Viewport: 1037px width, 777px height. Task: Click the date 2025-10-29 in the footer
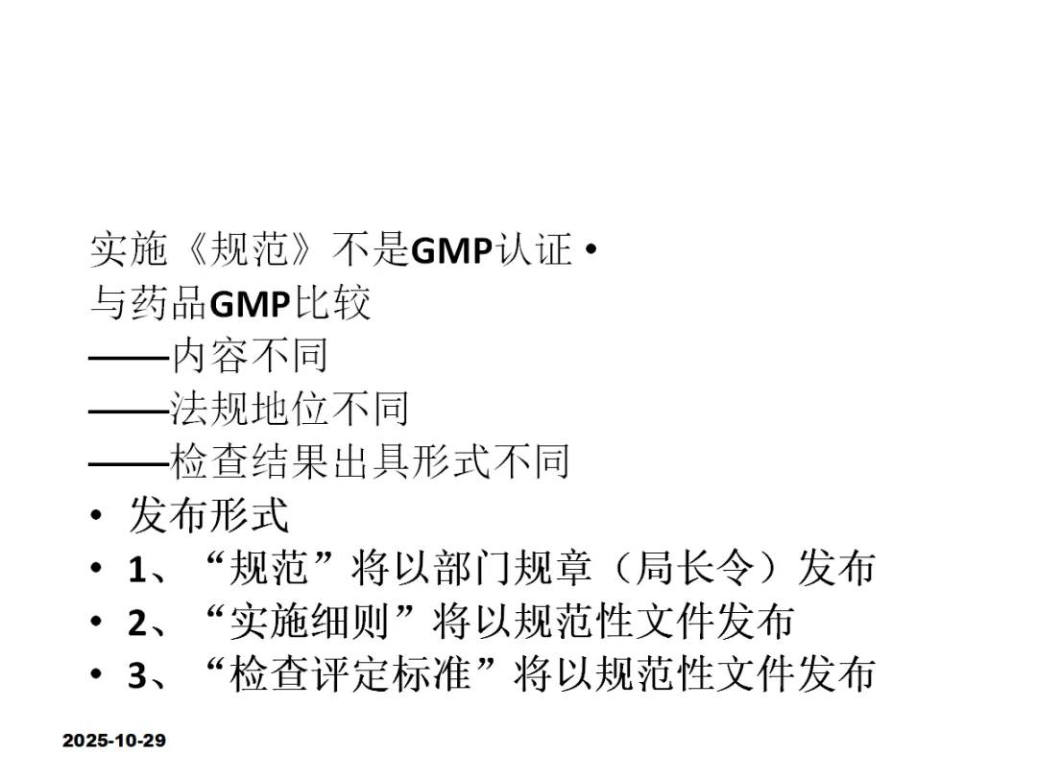114,741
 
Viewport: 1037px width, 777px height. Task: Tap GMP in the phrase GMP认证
451,251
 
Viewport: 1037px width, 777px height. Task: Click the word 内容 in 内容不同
209,356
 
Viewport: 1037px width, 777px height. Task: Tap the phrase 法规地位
250,409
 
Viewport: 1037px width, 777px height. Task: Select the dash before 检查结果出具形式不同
128,462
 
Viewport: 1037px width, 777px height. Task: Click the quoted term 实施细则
310,622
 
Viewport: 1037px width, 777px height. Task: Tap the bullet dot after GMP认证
590,252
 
